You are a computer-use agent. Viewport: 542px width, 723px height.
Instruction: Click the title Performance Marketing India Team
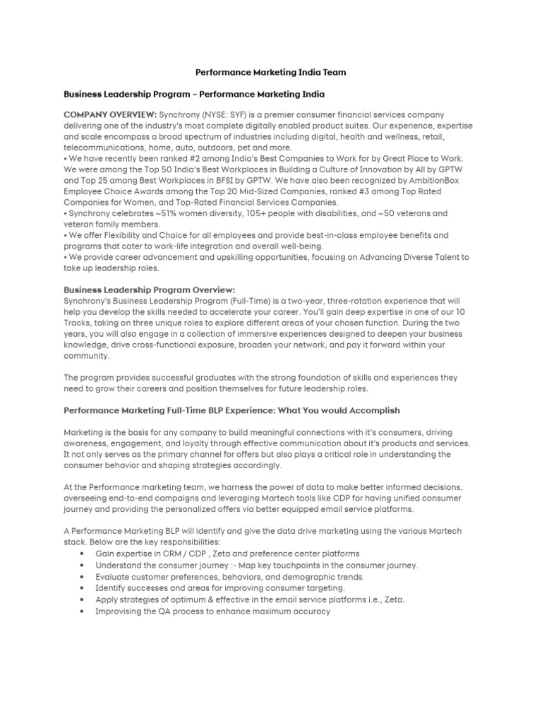tap(270, 72)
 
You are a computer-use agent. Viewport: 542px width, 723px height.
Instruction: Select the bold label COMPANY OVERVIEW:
tap(109, 114)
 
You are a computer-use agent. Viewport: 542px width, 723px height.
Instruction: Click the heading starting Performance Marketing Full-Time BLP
tap(232, 410)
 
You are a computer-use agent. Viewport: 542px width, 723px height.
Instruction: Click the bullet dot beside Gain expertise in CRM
tap(84, 554)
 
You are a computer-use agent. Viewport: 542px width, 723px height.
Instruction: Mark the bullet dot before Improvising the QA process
tap(84, 611)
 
